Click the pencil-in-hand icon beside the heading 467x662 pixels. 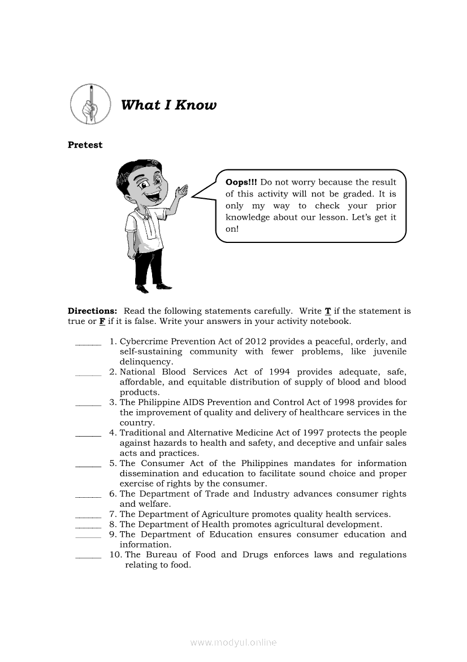(90, 105)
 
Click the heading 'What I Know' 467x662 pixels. (168, 105)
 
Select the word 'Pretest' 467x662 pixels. (85, 145)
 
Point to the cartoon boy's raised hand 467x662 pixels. (182, 195)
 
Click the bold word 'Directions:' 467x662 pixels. (92, 311)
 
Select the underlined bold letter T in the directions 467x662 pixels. (328, 311)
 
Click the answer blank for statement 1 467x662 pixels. (88, 343)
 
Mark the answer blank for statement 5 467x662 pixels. (88, 464)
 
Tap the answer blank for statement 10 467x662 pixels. (88, 556)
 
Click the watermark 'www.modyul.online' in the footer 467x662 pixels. (233, 643)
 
